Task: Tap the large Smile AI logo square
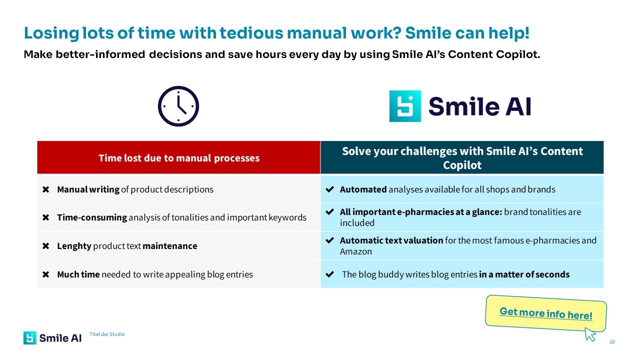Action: tap(405, 106)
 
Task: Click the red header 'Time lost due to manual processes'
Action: tap(179, 157)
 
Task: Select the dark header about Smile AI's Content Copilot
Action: tap(462, 157)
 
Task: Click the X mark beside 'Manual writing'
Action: tap(45, 189)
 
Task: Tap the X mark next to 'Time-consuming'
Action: tap(45, 217)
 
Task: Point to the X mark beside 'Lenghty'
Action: tap(45, 246)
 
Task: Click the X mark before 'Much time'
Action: tap(45, 274)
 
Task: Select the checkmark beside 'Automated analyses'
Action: tap(329, 189)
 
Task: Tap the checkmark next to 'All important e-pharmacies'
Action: tap(329, 211)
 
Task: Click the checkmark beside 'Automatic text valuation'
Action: tap(329, 240)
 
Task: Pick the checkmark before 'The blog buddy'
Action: tap(329, 274)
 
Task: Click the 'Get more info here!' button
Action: tap(545, 313)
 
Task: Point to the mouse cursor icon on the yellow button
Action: tap(589, 334)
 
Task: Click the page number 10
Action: tap(612, 342)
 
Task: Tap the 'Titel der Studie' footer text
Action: tap(107, 334)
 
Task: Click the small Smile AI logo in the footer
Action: tap(52, 338)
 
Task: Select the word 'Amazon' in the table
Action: tap(356, 251)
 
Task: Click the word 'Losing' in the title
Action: tap(51, 33)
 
